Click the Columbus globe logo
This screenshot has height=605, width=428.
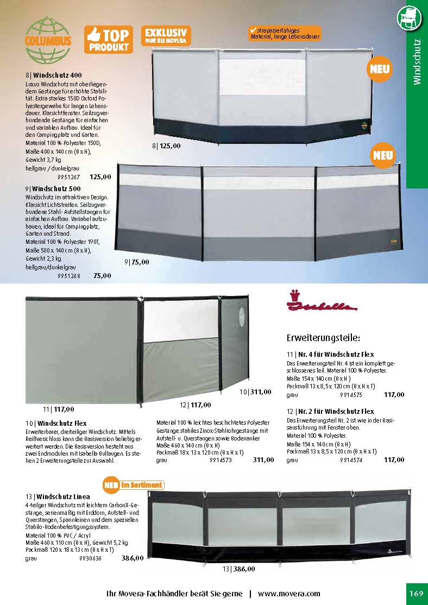pos(47,40)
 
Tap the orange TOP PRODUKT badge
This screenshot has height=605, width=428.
pos(109,40)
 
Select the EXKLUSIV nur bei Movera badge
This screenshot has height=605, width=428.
pos(166,35)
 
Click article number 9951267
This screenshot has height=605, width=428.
pos(68,177)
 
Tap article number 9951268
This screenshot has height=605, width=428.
pos(68,275)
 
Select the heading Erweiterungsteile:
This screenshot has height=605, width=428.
pos(323,338)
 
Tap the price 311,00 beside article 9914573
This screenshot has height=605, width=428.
pos(263,460)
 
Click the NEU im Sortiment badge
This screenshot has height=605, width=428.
pos(133,484)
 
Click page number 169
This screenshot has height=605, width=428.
pos(416,593)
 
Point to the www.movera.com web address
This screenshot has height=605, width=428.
pos(289,594)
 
